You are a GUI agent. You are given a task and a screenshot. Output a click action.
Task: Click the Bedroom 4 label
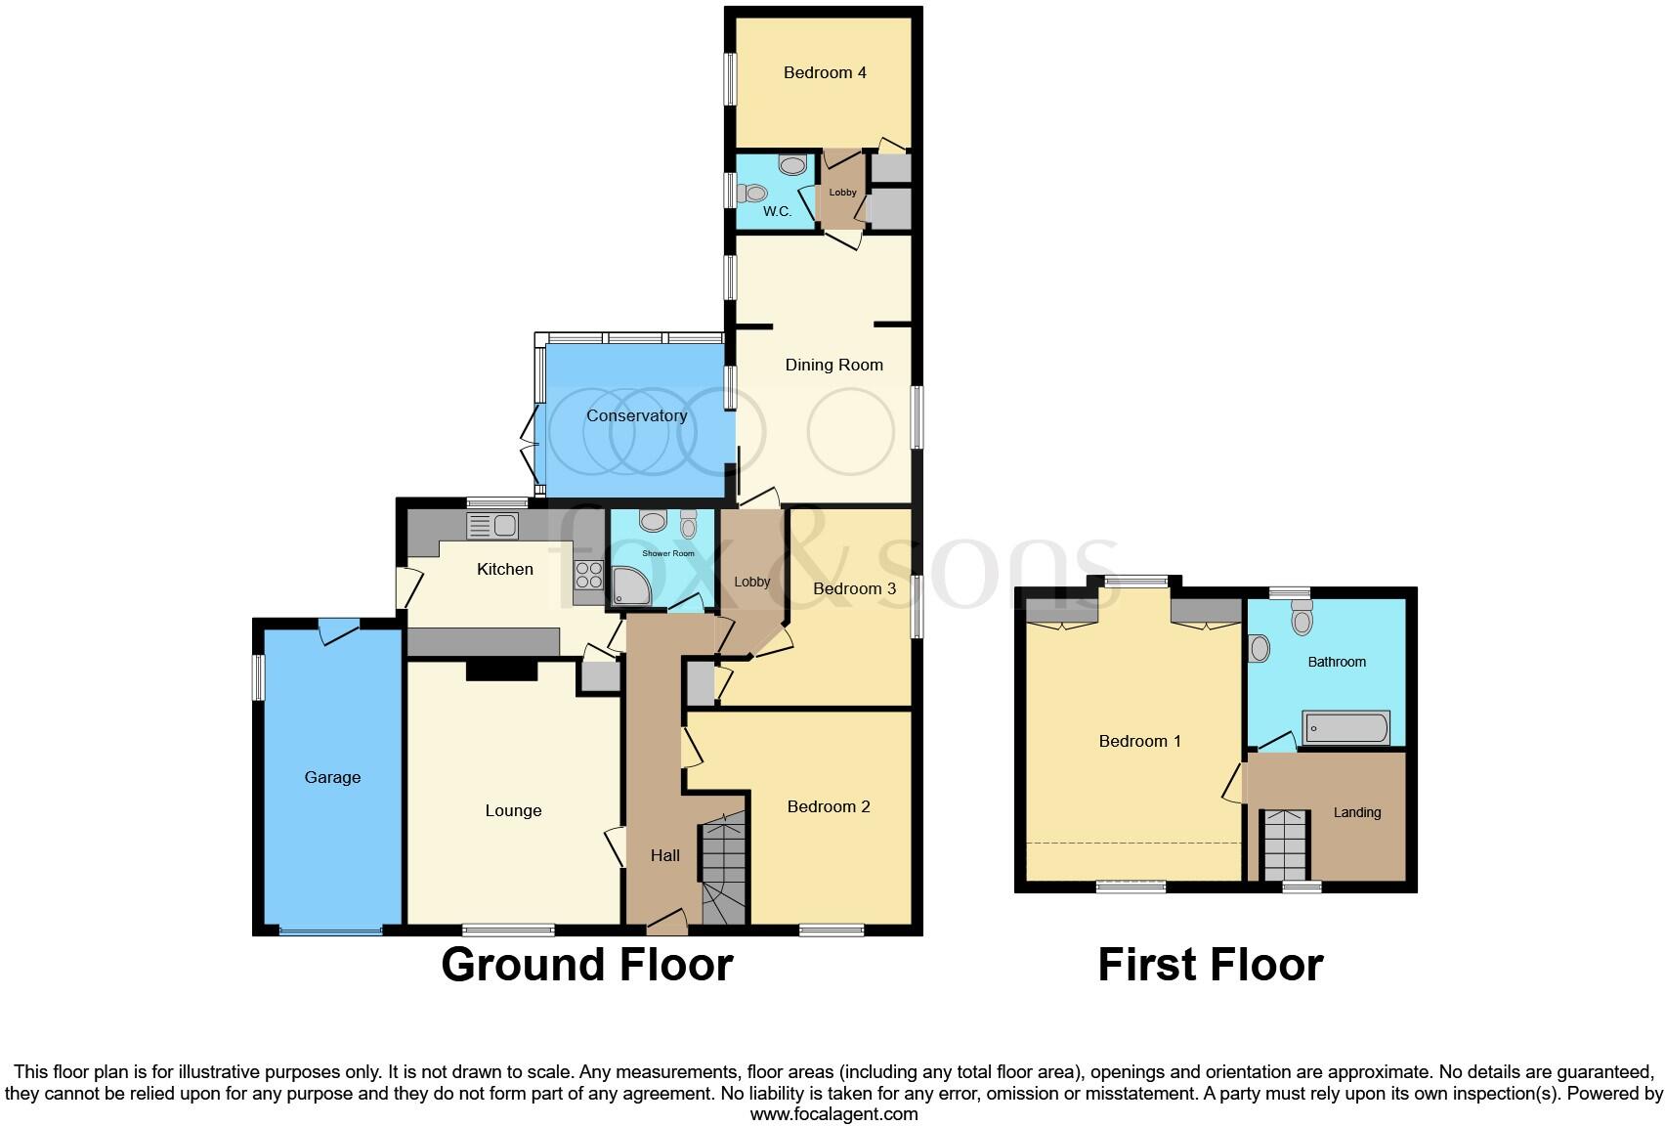click(x=825, y=72)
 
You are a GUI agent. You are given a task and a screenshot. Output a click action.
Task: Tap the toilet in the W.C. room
click(x=749, y=193)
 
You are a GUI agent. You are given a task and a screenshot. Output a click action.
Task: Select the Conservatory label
click(x=636, y=415)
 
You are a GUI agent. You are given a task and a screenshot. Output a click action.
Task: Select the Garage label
click(x=332, y=777)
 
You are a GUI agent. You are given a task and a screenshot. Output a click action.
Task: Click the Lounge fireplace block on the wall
click(x=501, y=670)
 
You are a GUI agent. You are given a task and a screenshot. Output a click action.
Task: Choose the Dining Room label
click(x=833, y=365)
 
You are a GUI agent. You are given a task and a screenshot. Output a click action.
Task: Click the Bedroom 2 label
click(x=829, y=806)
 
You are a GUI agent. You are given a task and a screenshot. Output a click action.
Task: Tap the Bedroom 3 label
click(x=854, y=588)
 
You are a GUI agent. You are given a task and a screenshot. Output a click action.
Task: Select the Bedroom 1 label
click(x=1139, y=741)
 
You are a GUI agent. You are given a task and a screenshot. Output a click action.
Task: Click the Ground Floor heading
click(x=586, y=965)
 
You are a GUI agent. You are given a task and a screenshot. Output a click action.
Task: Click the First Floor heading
click(x=1210, y=965)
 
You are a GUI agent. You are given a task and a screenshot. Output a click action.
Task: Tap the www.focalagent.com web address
click(x=833, y=1113)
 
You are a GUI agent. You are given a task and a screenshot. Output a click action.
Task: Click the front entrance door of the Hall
click(x=666, y=919)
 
